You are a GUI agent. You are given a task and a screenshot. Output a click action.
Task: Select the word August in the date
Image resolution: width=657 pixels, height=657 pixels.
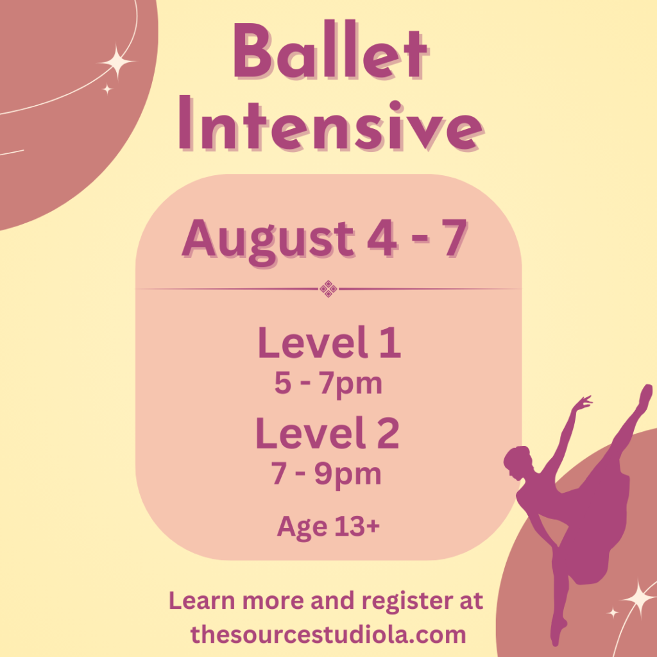[269, 241]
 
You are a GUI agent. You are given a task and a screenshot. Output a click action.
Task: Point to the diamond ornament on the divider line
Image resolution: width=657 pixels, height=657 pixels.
[328, 289]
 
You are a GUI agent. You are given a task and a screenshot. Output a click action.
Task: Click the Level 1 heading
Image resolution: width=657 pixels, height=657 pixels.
[329, 342]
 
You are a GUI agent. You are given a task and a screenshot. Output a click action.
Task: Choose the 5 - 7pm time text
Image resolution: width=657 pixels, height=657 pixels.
[328, 384]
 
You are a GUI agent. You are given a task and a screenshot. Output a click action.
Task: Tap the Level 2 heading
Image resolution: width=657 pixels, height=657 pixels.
[328, 433]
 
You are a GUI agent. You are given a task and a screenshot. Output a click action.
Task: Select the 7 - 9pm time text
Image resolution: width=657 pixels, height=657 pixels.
[327, 475]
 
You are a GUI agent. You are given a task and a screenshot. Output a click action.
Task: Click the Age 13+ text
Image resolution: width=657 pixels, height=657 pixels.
[328, 527]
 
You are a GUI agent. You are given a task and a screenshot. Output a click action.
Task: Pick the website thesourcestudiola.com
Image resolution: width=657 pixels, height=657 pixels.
[328, 635]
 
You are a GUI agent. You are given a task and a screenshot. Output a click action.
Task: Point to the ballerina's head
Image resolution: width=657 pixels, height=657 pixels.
[518, 463]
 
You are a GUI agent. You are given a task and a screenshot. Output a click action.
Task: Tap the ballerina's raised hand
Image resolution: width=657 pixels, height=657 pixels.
[583, 403]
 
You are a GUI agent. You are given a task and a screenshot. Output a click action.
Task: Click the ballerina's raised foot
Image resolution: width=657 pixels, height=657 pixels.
[645, 395]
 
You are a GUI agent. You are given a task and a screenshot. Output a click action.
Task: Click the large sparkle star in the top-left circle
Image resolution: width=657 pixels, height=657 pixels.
[117, 62]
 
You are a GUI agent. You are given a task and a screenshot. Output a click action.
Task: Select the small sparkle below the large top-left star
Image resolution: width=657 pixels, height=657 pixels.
[108, 89]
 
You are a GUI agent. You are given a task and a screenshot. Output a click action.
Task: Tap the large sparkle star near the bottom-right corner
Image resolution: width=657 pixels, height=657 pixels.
[640, 599]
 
